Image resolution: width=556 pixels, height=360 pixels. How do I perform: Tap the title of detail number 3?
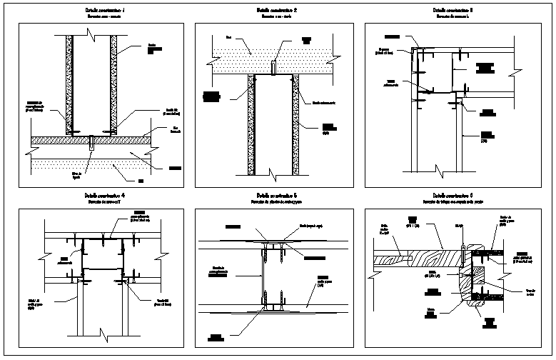pos(453,11)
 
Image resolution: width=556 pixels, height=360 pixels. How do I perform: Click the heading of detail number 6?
pos(453,194)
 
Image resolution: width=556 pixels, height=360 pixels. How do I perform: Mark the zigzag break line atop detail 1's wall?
pos(91,34)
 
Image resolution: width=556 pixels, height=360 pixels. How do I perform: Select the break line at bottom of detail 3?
pos(436,169)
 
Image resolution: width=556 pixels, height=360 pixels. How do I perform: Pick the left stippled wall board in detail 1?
pos(70,86)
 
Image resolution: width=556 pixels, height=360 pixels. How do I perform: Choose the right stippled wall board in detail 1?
pos(113,86)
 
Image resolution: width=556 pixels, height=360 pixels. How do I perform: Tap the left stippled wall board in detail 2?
pos(250,125)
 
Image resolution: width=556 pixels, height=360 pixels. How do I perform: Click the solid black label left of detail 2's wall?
pos(211,94)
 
